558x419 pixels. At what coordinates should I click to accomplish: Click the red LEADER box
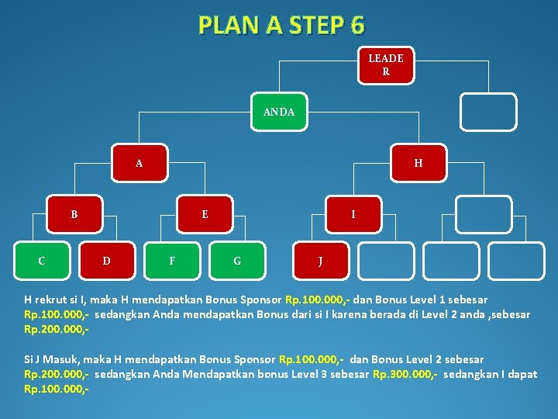pos(385,65)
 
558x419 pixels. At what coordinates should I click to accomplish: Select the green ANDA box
pos(279,112)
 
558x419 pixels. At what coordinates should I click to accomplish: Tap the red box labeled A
pos(139,163)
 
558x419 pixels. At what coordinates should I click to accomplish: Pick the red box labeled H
pos(418,163)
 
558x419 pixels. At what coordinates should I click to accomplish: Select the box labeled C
pos(42,261)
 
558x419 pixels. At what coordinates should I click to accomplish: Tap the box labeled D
pos(107,261)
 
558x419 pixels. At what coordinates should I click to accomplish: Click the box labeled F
pos(172,261)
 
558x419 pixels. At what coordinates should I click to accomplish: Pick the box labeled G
pos(237,261)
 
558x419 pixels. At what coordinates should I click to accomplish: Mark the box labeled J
pos(321,261)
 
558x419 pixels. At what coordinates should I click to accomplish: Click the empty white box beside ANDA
pos(487,112)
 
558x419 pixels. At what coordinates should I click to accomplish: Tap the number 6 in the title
pos(356,26)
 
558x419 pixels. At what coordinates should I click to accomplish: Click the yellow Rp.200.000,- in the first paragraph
pos(55,328)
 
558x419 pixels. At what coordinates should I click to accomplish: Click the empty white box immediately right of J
pos(386,261)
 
